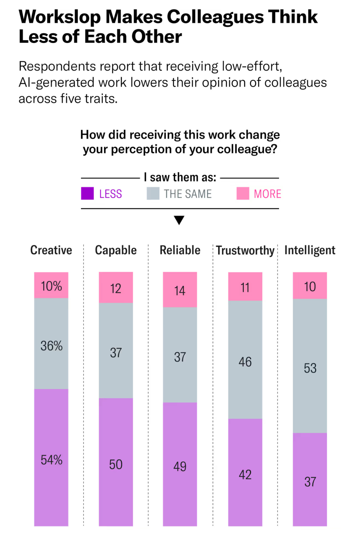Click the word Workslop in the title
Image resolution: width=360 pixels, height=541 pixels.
(60, 17)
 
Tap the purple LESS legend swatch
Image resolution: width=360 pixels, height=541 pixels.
(87, 194)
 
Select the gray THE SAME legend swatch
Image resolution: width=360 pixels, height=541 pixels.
(153, 194)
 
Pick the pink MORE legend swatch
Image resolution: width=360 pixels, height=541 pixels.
(243, 194)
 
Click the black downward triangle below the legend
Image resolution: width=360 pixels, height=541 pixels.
(179, 220)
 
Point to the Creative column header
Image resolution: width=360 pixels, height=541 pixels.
(51, 250)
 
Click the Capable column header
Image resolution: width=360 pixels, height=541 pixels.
(116, 250)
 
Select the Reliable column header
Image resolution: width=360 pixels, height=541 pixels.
(180, 250)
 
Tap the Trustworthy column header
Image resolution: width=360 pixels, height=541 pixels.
(245, 250)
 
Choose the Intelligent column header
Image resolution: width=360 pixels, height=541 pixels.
(310, 250)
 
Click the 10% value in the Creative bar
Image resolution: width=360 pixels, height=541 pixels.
(51, 286)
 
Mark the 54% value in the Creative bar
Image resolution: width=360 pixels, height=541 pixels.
(51, 460)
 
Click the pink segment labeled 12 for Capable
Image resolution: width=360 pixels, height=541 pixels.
(116, 288)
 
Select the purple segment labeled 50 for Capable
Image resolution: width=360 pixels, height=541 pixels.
(116, 464)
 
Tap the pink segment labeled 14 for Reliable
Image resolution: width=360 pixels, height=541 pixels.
(180, 290)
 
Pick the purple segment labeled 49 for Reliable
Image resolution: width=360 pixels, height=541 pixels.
(180, 466)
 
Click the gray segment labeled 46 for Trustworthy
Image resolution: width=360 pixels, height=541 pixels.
(245, 361)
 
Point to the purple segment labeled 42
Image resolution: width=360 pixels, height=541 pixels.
(245, 474)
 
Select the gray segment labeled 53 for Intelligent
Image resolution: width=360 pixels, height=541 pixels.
(310, 368)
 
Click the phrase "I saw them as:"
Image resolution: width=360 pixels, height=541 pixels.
(180, 177)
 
